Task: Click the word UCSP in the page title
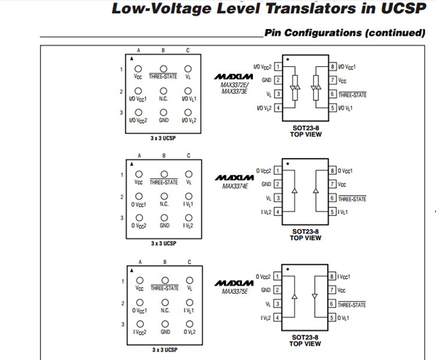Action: (x=403, y=8)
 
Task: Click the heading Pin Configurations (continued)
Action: (x=344, y=33)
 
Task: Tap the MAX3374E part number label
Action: (x=235, y=186)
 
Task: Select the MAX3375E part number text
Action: (x=235, y=292)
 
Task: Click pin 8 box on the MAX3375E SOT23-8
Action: (x=332, y=276)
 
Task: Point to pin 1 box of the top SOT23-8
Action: (x=278, y=67)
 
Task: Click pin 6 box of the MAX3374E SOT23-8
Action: (x=332, y=198)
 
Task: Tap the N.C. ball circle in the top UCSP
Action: (x=163, y=91)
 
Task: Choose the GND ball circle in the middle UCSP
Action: (x=164, y=217)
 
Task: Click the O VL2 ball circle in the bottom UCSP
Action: (x=190, y=324)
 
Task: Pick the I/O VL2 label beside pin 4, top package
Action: (x=265, y=108)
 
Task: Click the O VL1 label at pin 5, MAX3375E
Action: (x=343, y=318)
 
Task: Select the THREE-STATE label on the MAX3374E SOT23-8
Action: (x=352, y=199)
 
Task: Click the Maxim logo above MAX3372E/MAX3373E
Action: (x=233, y=76)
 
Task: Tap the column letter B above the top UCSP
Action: (x=163, y=50)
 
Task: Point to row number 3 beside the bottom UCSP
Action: (x=123, y=324)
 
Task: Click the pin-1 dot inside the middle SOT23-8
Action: (x=288, y=164)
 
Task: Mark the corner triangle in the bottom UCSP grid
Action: (x=132, y=270)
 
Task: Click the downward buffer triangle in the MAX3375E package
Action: (x=315, y=296)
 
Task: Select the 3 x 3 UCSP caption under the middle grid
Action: (x=163, y=244)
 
